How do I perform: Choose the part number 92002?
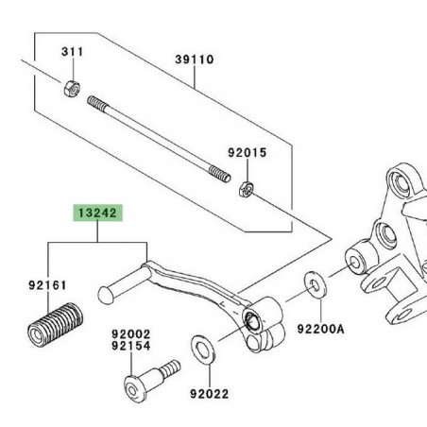[x=131, y=334]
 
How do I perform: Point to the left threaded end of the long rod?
[x=98, y=102]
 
